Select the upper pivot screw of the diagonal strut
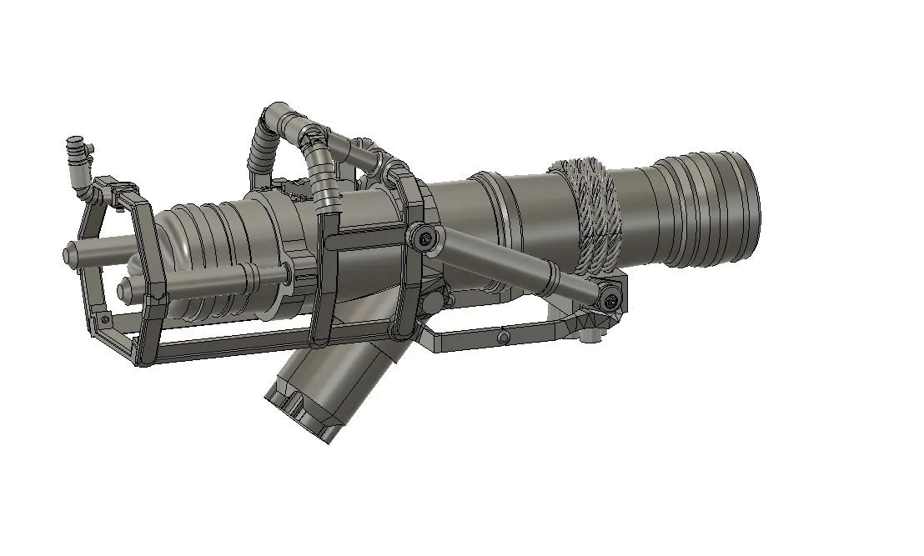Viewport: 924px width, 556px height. pos(426,239)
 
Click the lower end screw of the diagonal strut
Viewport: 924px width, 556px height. pos(613,298)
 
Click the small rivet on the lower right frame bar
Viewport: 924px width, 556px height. pos(504,336)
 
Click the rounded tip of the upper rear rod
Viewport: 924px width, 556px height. pos(68,253)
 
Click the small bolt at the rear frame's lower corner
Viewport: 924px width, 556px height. pos(105,319)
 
